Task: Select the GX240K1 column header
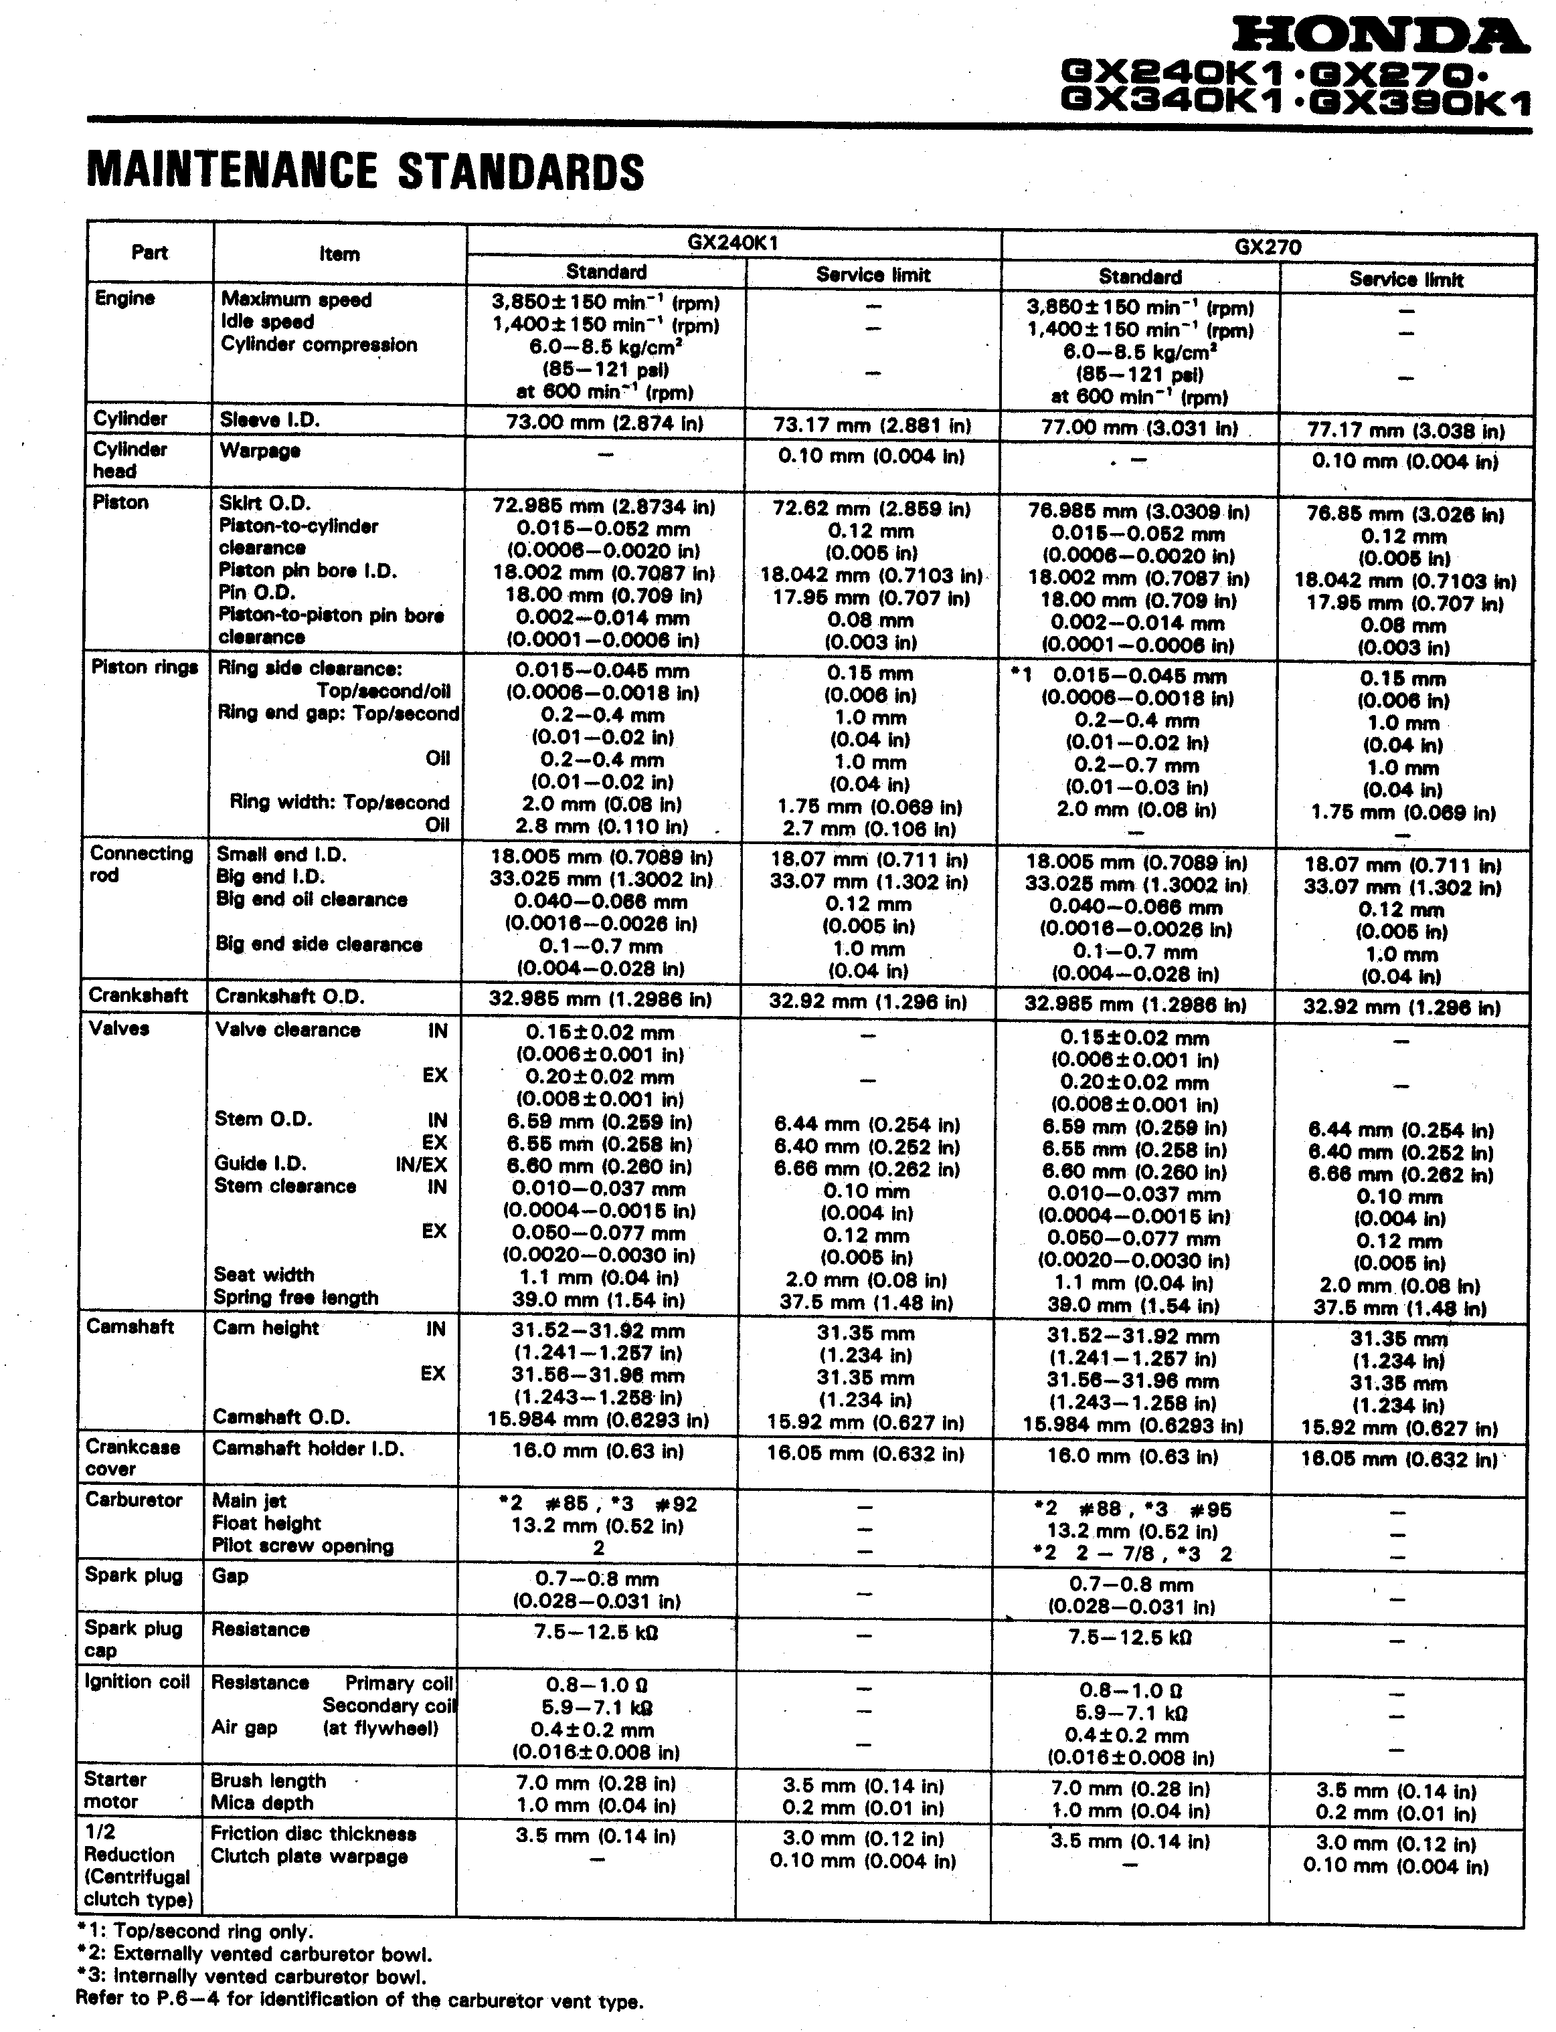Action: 733,243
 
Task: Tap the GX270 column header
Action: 1267,247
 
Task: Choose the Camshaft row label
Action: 130,1326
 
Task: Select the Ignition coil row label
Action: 137,1682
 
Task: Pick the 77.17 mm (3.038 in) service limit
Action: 1404,431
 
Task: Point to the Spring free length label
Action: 296,1297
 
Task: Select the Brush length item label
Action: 268,1781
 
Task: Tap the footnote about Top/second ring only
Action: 195,1930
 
